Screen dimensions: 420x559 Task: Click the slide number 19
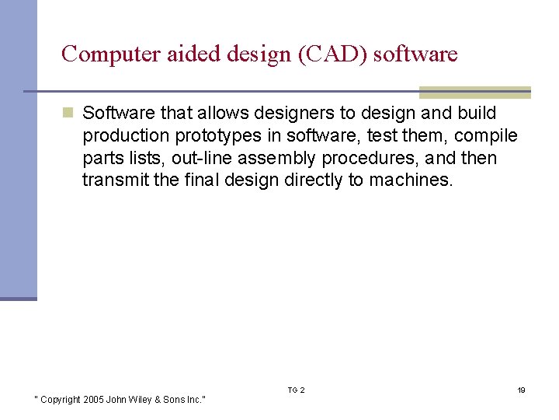pyautogui.click(x=522, y=390)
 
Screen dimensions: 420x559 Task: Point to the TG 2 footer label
pyautogui.click(x=296, y=390)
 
